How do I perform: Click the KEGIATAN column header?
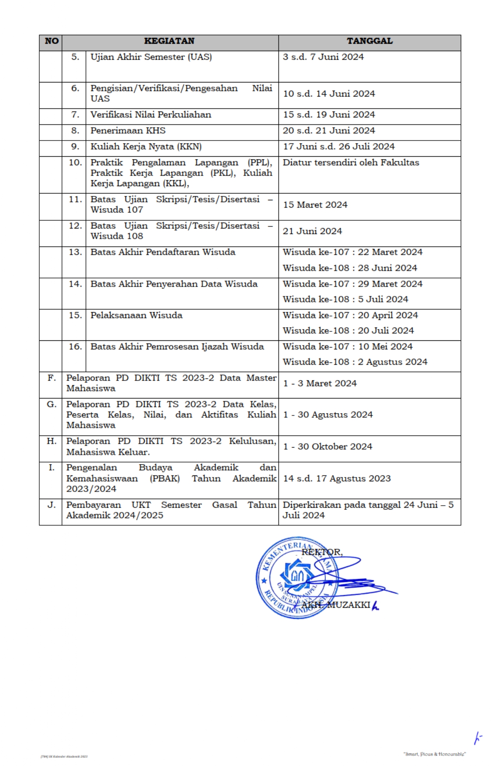169,41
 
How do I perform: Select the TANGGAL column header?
369,41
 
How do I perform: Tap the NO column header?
51,41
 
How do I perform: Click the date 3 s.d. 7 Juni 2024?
323,57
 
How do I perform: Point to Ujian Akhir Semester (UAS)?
151,57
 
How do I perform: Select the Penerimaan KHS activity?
128,131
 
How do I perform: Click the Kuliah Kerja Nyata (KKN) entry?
146,147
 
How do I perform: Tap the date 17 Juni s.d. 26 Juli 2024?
338,147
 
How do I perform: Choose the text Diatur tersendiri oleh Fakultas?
351,163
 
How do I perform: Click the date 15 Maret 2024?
315,205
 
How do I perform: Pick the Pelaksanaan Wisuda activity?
136,315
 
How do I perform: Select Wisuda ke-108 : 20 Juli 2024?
348,331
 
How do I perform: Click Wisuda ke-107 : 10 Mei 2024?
347,347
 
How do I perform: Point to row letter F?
51,378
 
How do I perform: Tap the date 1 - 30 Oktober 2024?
328,447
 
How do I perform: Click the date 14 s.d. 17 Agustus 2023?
337,479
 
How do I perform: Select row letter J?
51,505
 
